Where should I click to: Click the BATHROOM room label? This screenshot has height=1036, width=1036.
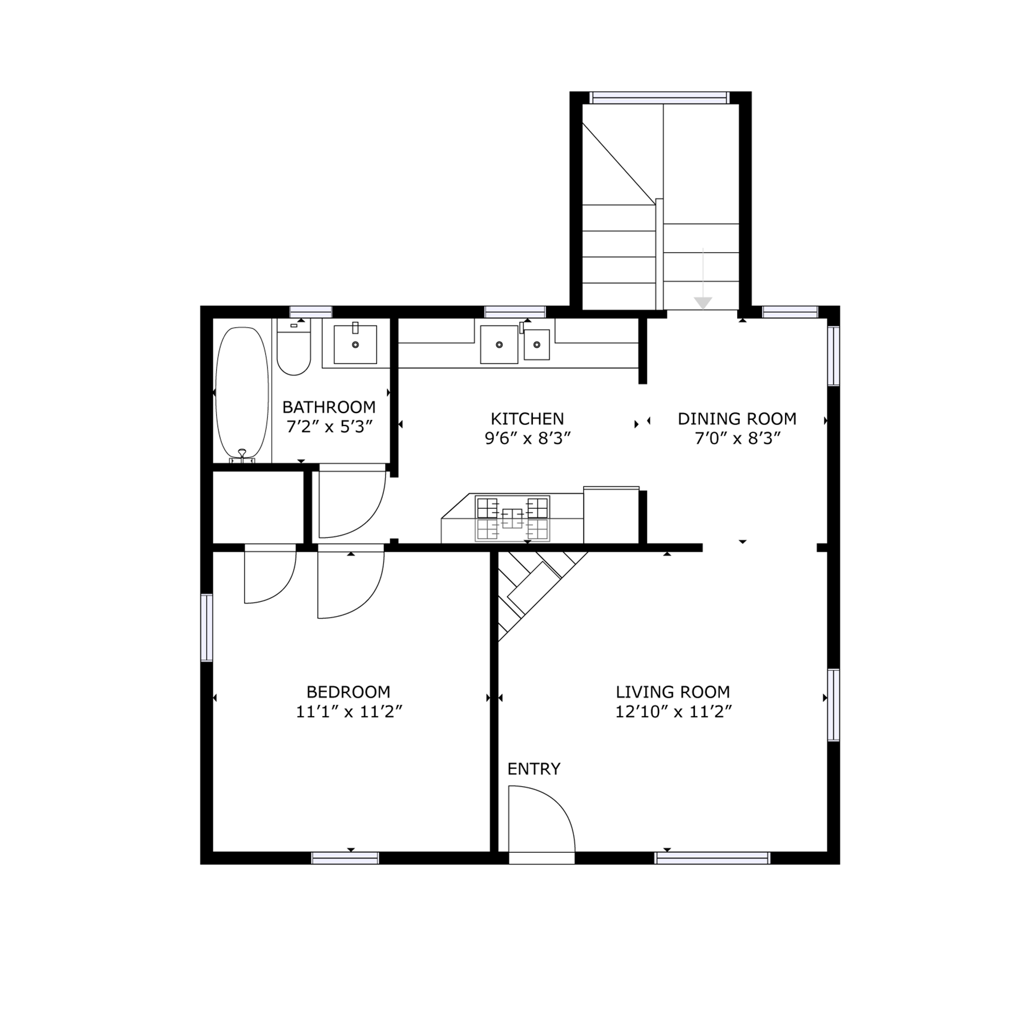pyautogui.click(x=329, y=407)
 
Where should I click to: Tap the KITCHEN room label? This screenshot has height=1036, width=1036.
pyautogui.click(x=527, y=419)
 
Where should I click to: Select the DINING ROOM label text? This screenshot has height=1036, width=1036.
pyautogui.click(x=737, y=419)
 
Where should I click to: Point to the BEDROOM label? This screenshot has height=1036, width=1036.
pyautogui.click(x=349, y=692)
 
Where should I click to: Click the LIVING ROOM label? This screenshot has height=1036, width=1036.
pyautogui.click(x=673, y=692)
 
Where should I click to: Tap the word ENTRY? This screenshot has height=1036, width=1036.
pyautogui.click(x=534, y=769)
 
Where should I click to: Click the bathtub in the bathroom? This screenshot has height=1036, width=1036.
pyautogui.click(x=242, y=394)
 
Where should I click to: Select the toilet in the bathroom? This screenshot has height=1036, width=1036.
pyautogui.click(x=294, y=347)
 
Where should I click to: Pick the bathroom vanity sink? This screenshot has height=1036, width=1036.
pyautogui.click(x=355, y=344)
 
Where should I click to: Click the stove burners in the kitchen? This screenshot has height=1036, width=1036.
pyautogui.click(x=512, y=518)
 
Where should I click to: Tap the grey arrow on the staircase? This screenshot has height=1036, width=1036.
pyautogui.click(x=703, y=279)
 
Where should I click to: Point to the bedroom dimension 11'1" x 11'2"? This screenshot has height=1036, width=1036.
pyautogui.click(x=349, y=712)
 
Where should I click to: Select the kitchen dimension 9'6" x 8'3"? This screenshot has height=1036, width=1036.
pyautogui.click(x=528, y=439)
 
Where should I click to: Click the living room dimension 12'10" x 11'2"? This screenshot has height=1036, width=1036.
pyautogui.click(x=673, y=712)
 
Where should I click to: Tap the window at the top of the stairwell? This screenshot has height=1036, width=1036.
pyautogui.click(x=659, y=98)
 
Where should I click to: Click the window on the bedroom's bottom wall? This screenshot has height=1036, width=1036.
pyautogui.click(x=345, y=858)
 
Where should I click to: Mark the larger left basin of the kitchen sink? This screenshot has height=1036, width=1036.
pyautogui.click(x=499, y=344)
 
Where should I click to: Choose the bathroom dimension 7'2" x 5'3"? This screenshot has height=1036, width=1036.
pyautogui.click(x=329, y=427)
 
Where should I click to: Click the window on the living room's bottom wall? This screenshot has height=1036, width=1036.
pyautogui.click(x=713, y=858)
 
